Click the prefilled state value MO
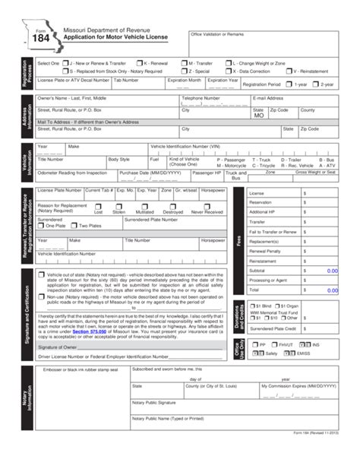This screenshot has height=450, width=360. (x=259, y=116)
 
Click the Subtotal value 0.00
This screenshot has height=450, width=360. (x=331, y=269)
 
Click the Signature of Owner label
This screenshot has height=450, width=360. (x=56, y=324)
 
